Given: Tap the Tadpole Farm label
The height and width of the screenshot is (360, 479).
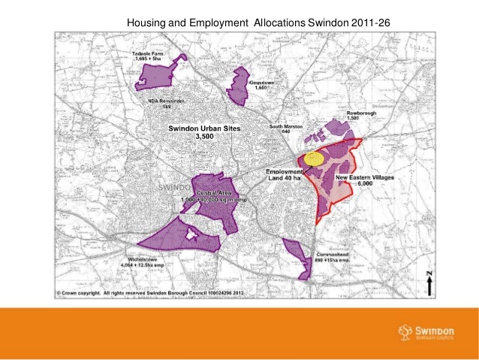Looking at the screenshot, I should (149, 56).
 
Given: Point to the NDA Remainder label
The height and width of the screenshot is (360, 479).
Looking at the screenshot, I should (167, 103).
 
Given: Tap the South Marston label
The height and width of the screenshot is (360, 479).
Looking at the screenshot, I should (286, 129).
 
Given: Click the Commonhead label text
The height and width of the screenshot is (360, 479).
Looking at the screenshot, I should (330, 256).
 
